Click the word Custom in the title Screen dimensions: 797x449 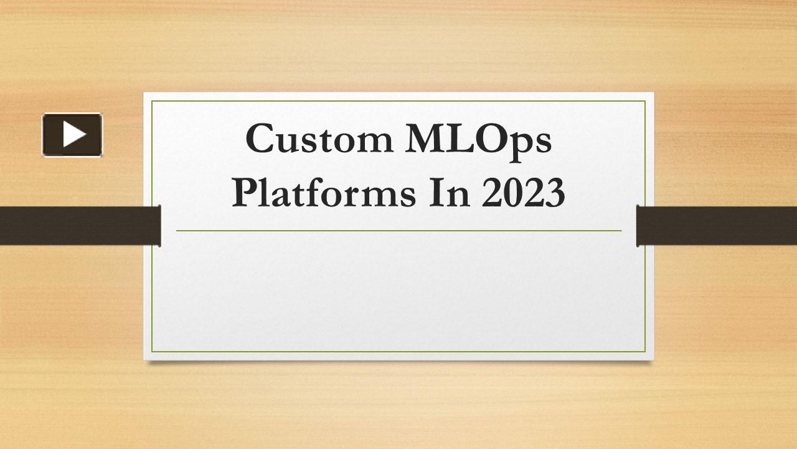(319, 138)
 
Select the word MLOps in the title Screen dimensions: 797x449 (479, 142)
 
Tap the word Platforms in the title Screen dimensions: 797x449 (324, 193)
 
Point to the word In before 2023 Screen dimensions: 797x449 (450, 193)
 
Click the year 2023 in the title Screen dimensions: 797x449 (524, 193)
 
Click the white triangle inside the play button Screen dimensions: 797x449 (75, 134)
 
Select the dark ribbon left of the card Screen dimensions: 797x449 (80, 226)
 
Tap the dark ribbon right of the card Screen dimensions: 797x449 (717, 226)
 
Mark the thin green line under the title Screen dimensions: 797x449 (399, 231)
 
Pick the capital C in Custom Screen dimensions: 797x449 (260, 138)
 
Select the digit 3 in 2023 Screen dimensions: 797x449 (555, 193)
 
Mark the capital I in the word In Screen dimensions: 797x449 (436, 192)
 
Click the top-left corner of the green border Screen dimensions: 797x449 (152, 101)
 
